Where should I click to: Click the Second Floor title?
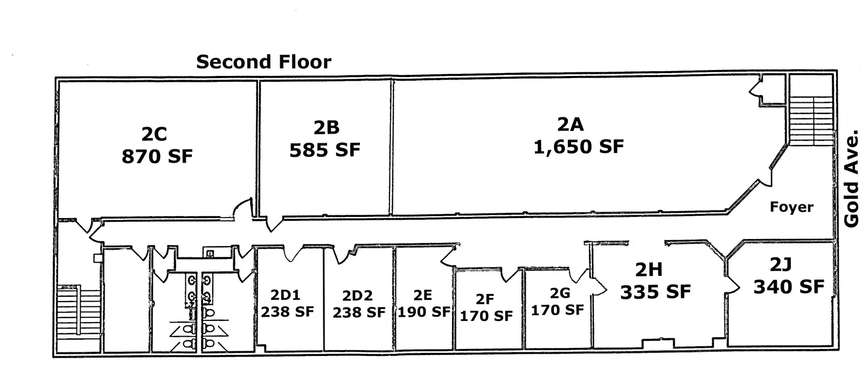coord(263,62)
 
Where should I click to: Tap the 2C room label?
coord(154,134)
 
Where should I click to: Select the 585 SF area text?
coord(325,150)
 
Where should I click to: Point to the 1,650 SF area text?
coord(579,146)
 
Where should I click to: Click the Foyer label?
coord(791,207)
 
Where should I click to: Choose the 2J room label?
coord(781,264)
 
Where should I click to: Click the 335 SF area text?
coord(655,292)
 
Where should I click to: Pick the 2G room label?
coord(560,293)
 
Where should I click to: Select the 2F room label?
coord(485,299)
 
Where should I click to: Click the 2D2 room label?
coord(358,296)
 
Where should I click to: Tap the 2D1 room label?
coord(286,295)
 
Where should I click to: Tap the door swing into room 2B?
coord(274,225)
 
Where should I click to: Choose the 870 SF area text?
coord(157,157)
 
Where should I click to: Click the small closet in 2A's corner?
coord(773,89)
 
